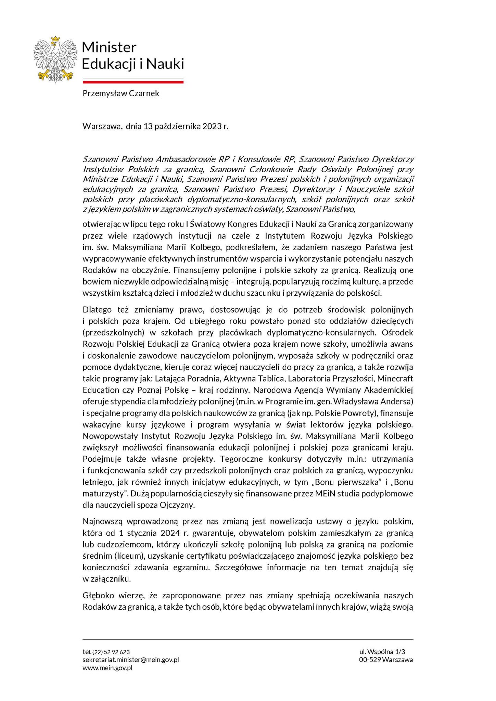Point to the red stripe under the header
[x=133, y=82]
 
